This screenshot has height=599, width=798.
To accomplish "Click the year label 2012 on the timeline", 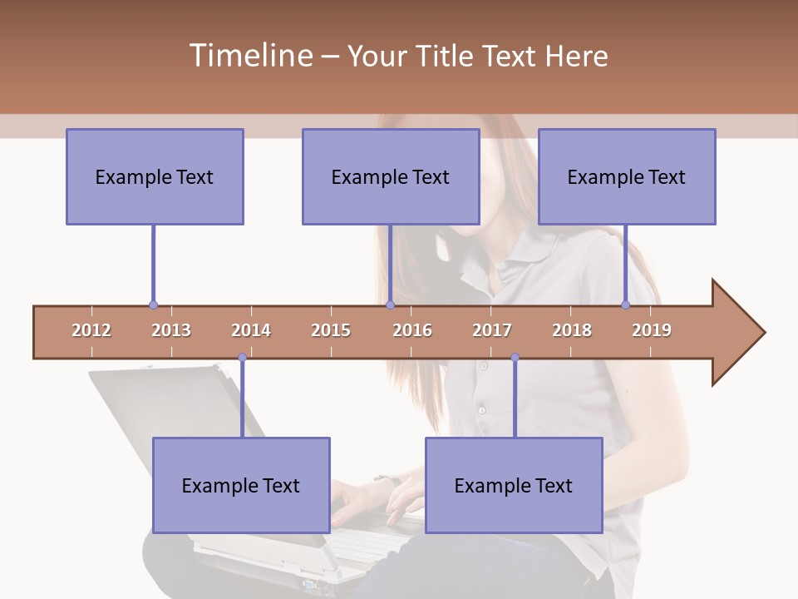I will click(91, 330).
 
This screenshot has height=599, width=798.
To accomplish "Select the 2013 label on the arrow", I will click(171, 330).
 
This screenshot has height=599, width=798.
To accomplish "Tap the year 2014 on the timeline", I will click(251, 330).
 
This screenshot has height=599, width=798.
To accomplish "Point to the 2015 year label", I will click(331, 330).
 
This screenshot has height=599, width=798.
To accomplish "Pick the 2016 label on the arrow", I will click(412, 330).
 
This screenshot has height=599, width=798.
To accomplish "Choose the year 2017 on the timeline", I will click(492, 330).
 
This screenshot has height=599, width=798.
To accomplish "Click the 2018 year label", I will click(572, 330).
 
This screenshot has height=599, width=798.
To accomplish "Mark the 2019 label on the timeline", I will click(652, 330).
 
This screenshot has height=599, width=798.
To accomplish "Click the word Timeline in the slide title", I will click(249, 56).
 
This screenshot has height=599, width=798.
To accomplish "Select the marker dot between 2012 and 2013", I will click(153, 305).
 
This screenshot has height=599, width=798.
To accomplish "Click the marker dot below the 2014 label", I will click(242, 358).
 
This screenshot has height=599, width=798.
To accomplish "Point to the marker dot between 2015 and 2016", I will click(390, 305).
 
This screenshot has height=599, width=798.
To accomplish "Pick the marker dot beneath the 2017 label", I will click(515, 358).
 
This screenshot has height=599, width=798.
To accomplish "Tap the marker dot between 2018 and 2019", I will click(626, 305).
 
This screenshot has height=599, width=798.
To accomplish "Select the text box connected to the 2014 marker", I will click(241, 485).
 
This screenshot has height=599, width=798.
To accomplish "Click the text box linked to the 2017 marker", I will click(514, 485).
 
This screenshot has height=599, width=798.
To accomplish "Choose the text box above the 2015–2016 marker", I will click(391, 176).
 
